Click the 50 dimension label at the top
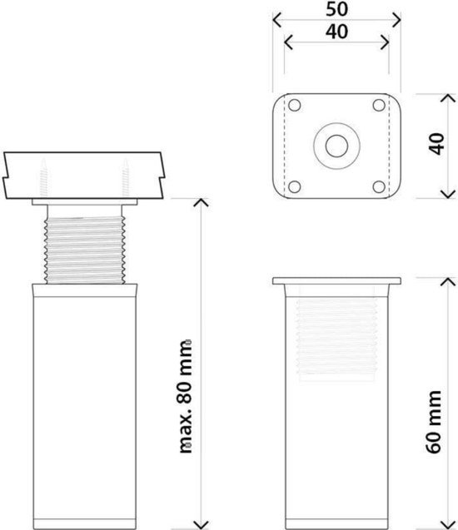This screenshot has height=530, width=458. coord(336,9)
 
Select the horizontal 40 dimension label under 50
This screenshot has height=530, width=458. coord(336,32)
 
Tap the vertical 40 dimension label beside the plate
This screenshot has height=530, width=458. coord(436,144)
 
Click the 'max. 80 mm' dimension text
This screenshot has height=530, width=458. coord(186,396)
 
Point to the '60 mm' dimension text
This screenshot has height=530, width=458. coord(433,422)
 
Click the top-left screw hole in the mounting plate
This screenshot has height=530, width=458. coord(294,105)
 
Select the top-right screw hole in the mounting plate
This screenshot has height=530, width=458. coord(379,105)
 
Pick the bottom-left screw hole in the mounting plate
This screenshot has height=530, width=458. coord(294,186)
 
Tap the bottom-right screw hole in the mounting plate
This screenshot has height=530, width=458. coord(379,186)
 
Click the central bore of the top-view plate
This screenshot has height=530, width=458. coord(336,146)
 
